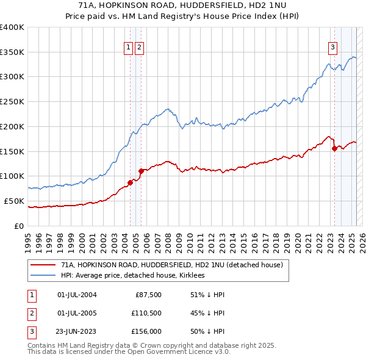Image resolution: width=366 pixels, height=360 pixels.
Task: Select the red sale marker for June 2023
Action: coord(334,148)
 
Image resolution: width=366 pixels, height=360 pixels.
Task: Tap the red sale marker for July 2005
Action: coord(141,171)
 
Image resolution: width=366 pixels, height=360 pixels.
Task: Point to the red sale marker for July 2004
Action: coord(130,182)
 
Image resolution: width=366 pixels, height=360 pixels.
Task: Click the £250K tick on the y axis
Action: coord(12,101)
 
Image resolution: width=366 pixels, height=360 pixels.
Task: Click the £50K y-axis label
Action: coord(14,201)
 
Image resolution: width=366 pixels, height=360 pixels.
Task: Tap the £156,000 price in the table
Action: coord(146,333)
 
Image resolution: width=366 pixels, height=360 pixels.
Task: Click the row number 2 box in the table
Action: coord(32,314)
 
